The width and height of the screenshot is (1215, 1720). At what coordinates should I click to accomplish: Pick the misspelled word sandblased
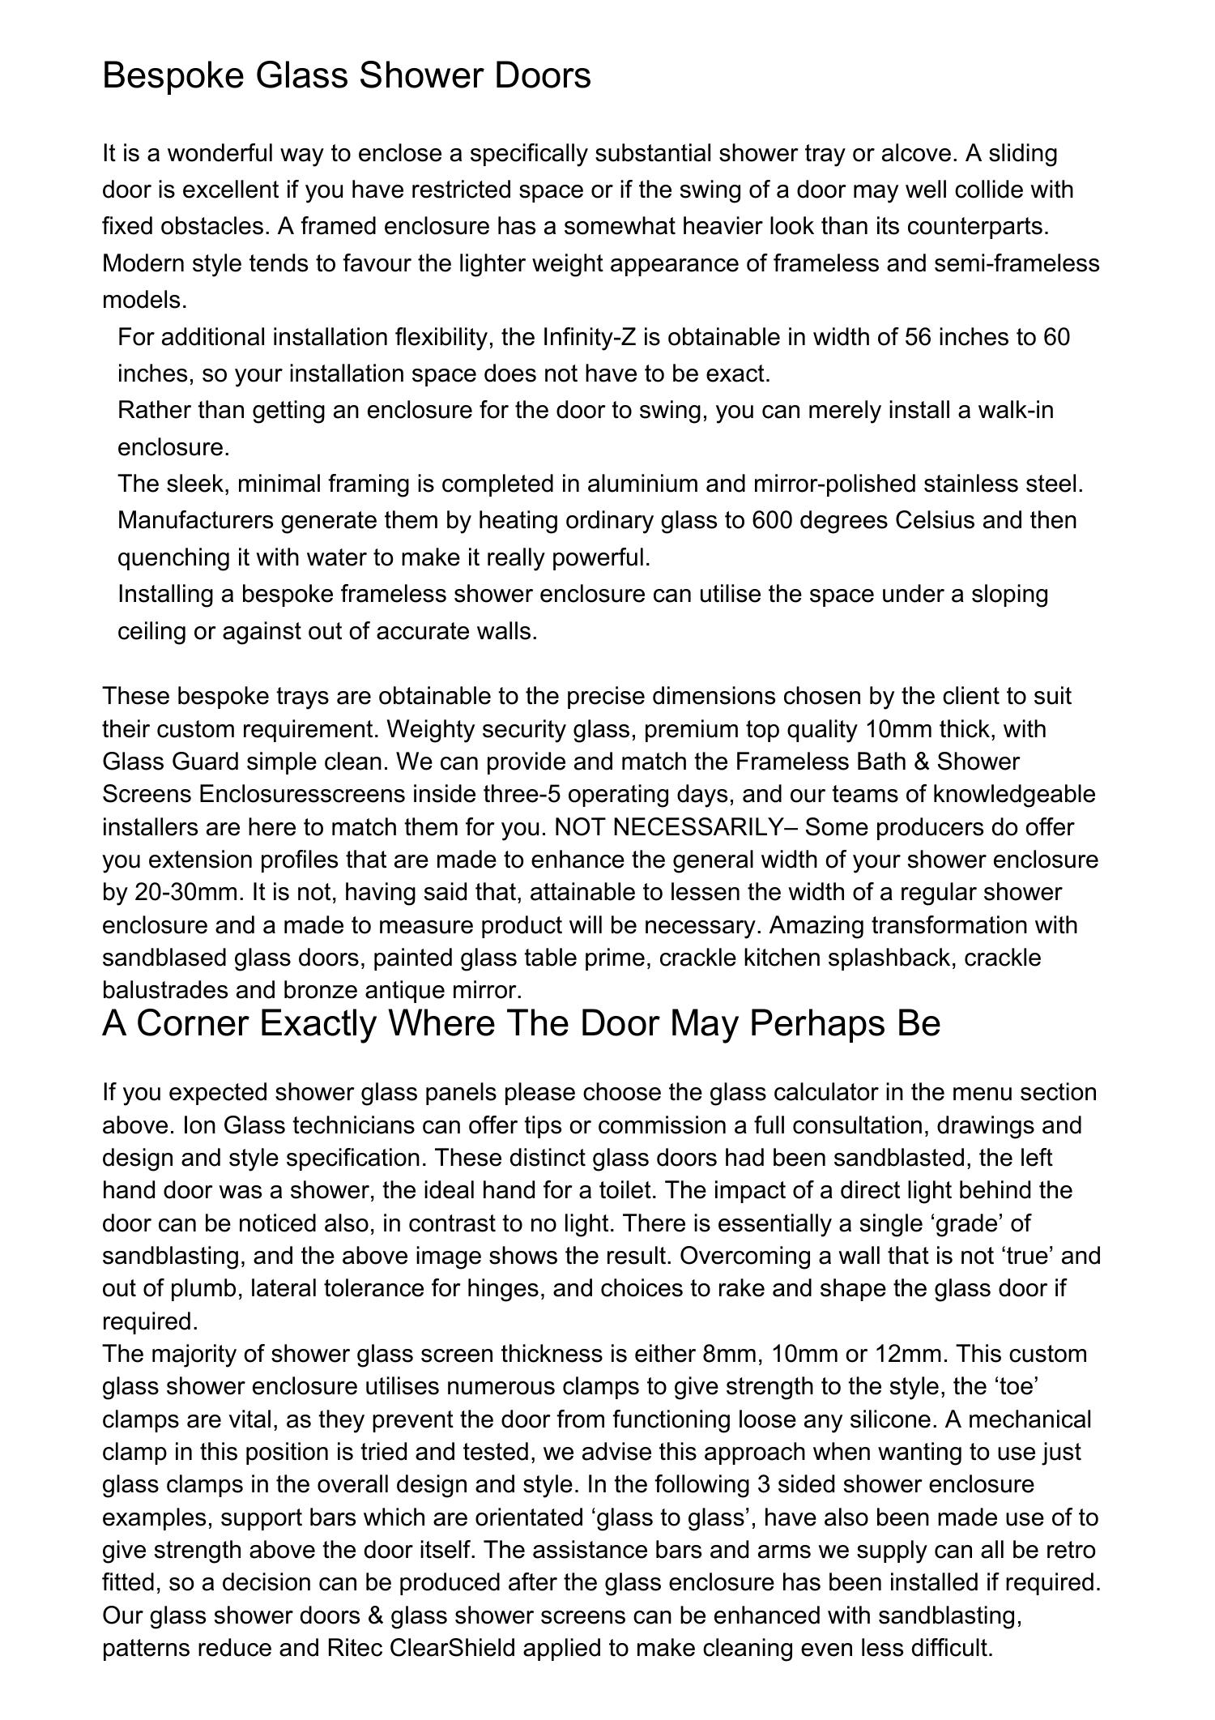click(164, 958)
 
